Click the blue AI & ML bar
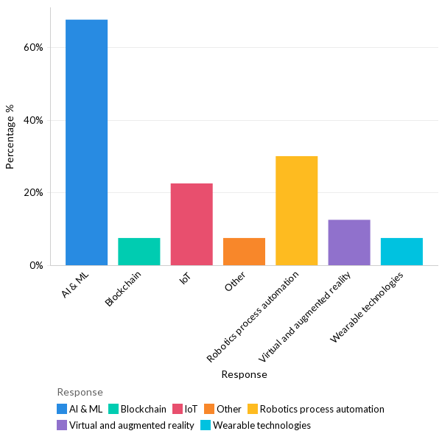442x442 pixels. click(x=86, y=142)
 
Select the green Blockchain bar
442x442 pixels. click(x=138, y=251)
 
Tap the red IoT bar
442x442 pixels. click(x=192, y=224)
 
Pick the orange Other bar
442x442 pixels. click(x=244, y=251)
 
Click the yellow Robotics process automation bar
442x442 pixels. click(x=296, y=210)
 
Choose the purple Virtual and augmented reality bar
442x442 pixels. click(x=349, y=242)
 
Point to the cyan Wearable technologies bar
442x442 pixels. click(x=401, y=251)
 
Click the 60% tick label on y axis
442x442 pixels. click(x=34, y=47)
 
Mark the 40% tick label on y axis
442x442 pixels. click(x=34, y=120)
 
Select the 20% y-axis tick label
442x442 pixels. click(x=34, y=192)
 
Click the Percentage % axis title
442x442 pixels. click(x=10, y=136)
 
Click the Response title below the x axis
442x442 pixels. click(x=244, y=374)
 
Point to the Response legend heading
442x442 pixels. click(x=80, y=392)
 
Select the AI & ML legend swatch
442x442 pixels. click(x=62, y=409)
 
